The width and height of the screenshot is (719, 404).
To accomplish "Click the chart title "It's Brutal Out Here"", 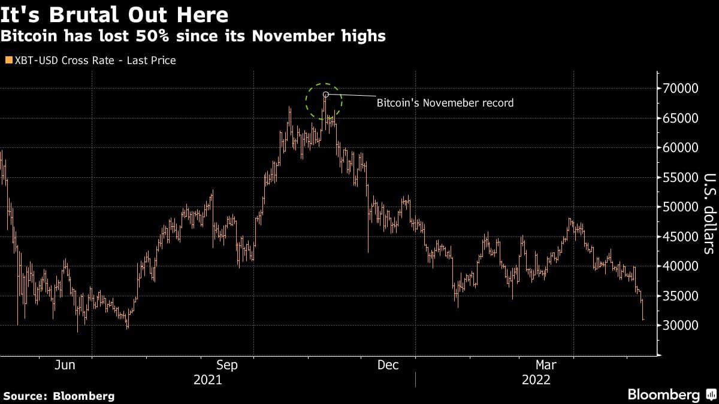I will coord(114,14).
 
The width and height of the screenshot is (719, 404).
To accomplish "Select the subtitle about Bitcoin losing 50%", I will coord(193,36).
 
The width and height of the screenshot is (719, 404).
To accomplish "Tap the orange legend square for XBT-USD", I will coord(8,60).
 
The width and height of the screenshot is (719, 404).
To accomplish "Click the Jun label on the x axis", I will coord(64,365).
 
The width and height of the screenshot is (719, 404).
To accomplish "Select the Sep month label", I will coord(227,365).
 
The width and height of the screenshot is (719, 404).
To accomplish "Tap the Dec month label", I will coord(388,365).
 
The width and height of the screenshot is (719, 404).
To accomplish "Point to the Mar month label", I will coord(546,365).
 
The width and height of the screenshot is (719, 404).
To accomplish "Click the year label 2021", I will coord(207,380).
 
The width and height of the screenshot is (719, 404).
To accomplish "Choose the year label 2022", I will coord(536,380).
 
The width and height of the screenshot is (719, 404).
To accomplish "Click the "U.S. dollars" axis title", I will coord(709,213).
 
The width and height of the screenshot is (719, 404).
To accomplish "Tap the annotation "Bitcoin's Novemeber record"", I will coord(445,103).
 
